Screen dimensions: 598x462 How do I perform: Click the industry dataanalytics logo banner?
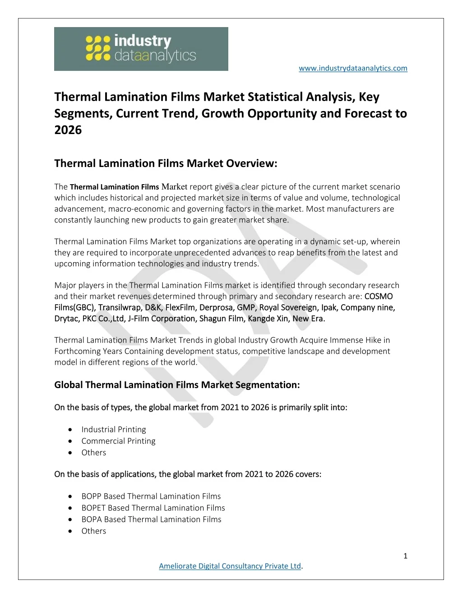(x=141, y=49)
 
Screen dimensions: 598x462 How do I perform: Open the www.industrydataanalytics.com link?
(x=353, y=68)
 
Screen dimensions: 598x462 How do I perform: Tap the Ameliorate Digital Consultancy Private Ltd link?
(x=230, y=566)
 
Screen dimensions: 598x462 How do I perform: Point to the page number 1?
(x=405, y=556)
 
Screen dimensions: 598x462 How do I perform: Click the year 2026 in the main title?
(x=68, y=130)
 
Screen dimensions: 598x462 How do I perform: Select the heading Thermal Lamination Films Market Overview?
(x=166, y=163)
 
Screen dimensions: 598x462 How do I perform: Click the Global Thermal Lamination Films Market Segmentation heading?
(x=177, y=385)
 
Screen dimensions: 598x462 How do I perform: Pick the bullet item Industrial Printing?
(x=114, y=429)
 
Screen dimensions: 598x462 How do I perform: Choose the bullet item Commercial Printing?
(x=118, y=441)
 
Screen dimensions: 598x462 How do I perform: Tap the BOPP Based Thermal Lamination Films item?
(x=151, y=496)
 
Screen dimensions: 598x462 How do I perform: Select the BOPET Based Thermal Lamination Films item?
(x=153, y=508)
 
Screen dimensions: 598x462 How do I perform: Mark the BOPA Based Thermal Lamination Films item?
(x=151, y=519)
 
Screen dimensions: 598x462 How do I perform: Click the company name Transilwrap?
(x=120, y=307)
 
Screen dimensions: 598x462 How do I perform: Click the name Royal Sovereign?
(x=288, y=307)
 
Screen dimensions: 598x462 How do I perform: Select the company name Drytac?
(x=67, y=319)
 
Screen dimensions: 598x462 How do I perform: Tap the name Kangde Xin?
(x=268, y=319)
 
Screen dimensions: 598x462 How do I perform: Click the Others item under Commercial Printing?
(x=94, y=453)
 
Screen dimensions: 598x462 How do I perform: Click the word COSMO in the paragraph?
(x=379, y=297)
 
